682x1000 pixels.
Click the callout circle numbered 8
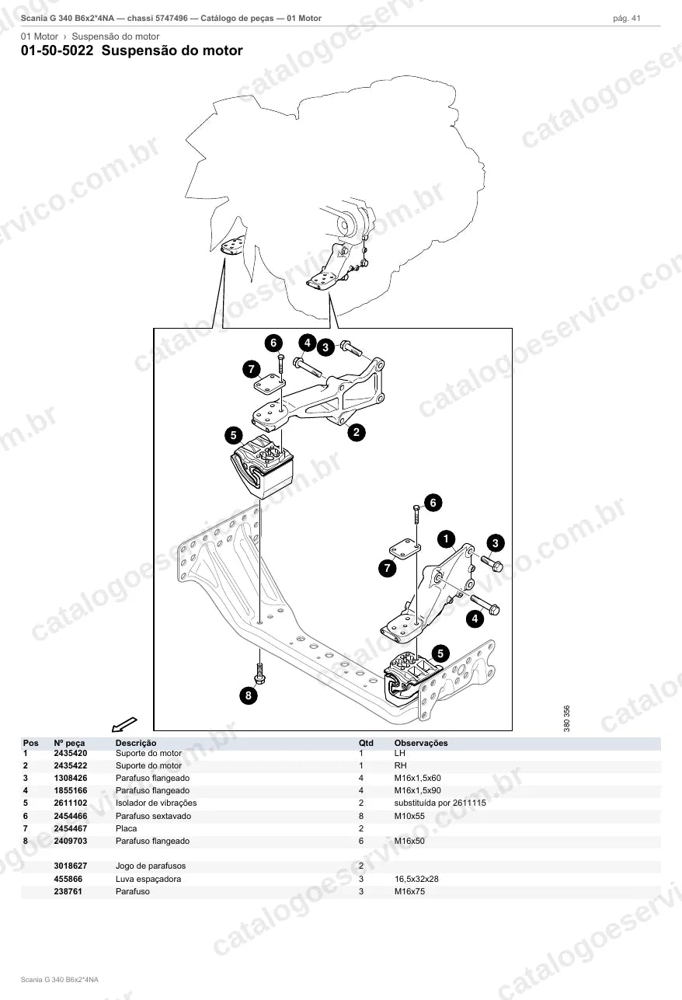pos(249,695)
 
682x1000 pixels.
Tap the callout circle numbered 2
pos(357,432)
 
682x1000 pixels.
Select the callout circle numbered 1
pos(446,538)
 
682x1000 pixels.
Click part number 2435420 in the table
pos(71,753)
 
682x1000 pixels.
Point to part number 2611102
pos(71,803)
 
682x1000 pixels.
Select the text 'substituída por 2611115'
pos(440,803)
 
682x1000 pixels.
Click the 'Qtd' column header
pos(366,743)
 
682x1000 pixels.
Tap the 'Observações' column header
pos(421,743)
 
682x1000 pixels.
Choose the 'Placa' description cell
pos(127,828)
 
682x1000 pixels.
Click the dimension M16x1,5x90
pos(417,790)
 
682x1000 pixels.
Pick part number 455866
pos(68,879)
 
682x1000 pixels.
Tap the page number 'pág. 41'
pos(627,19)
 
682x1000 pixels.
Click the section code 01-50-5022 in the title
pos(57,51)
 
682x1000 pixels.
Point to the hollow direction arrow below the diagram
pos(124,724)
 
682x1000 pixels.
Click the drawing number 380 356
pos(567,718)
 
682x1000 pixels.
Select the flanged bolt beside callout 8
pos(259,673)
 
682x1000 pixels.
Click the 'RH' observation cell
pos(400,765)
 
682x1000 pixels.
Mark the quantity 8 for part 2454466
pos(361,816)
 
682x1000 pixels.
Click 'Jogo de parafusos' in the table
pos(151,866)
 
